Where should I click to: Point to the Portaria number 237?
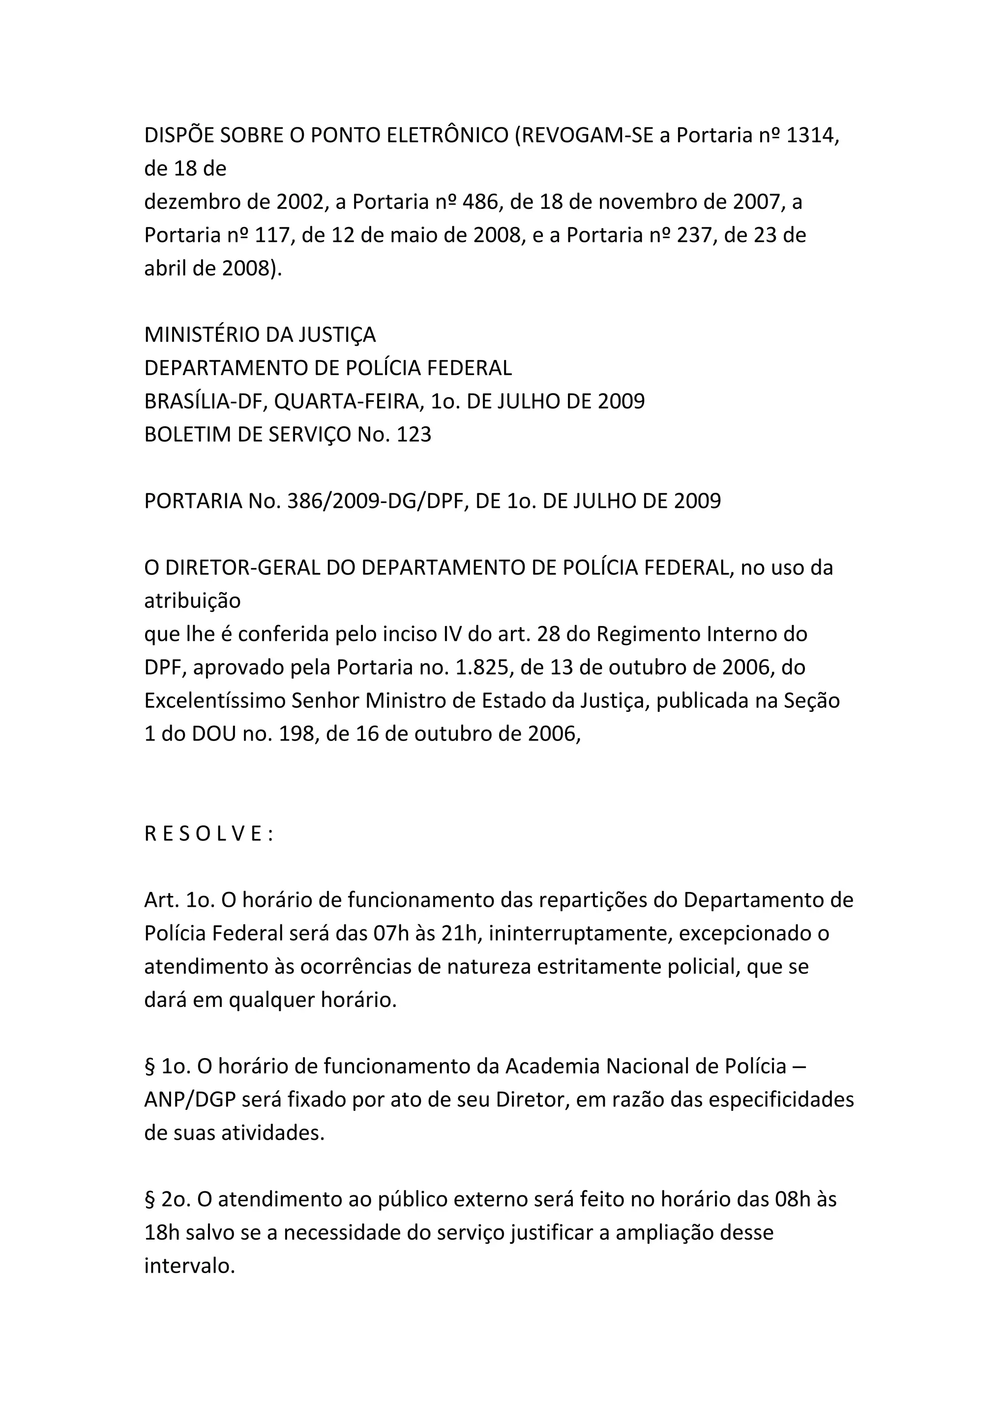(689, 236)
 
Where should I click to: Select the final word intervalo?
(189, 1267)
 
